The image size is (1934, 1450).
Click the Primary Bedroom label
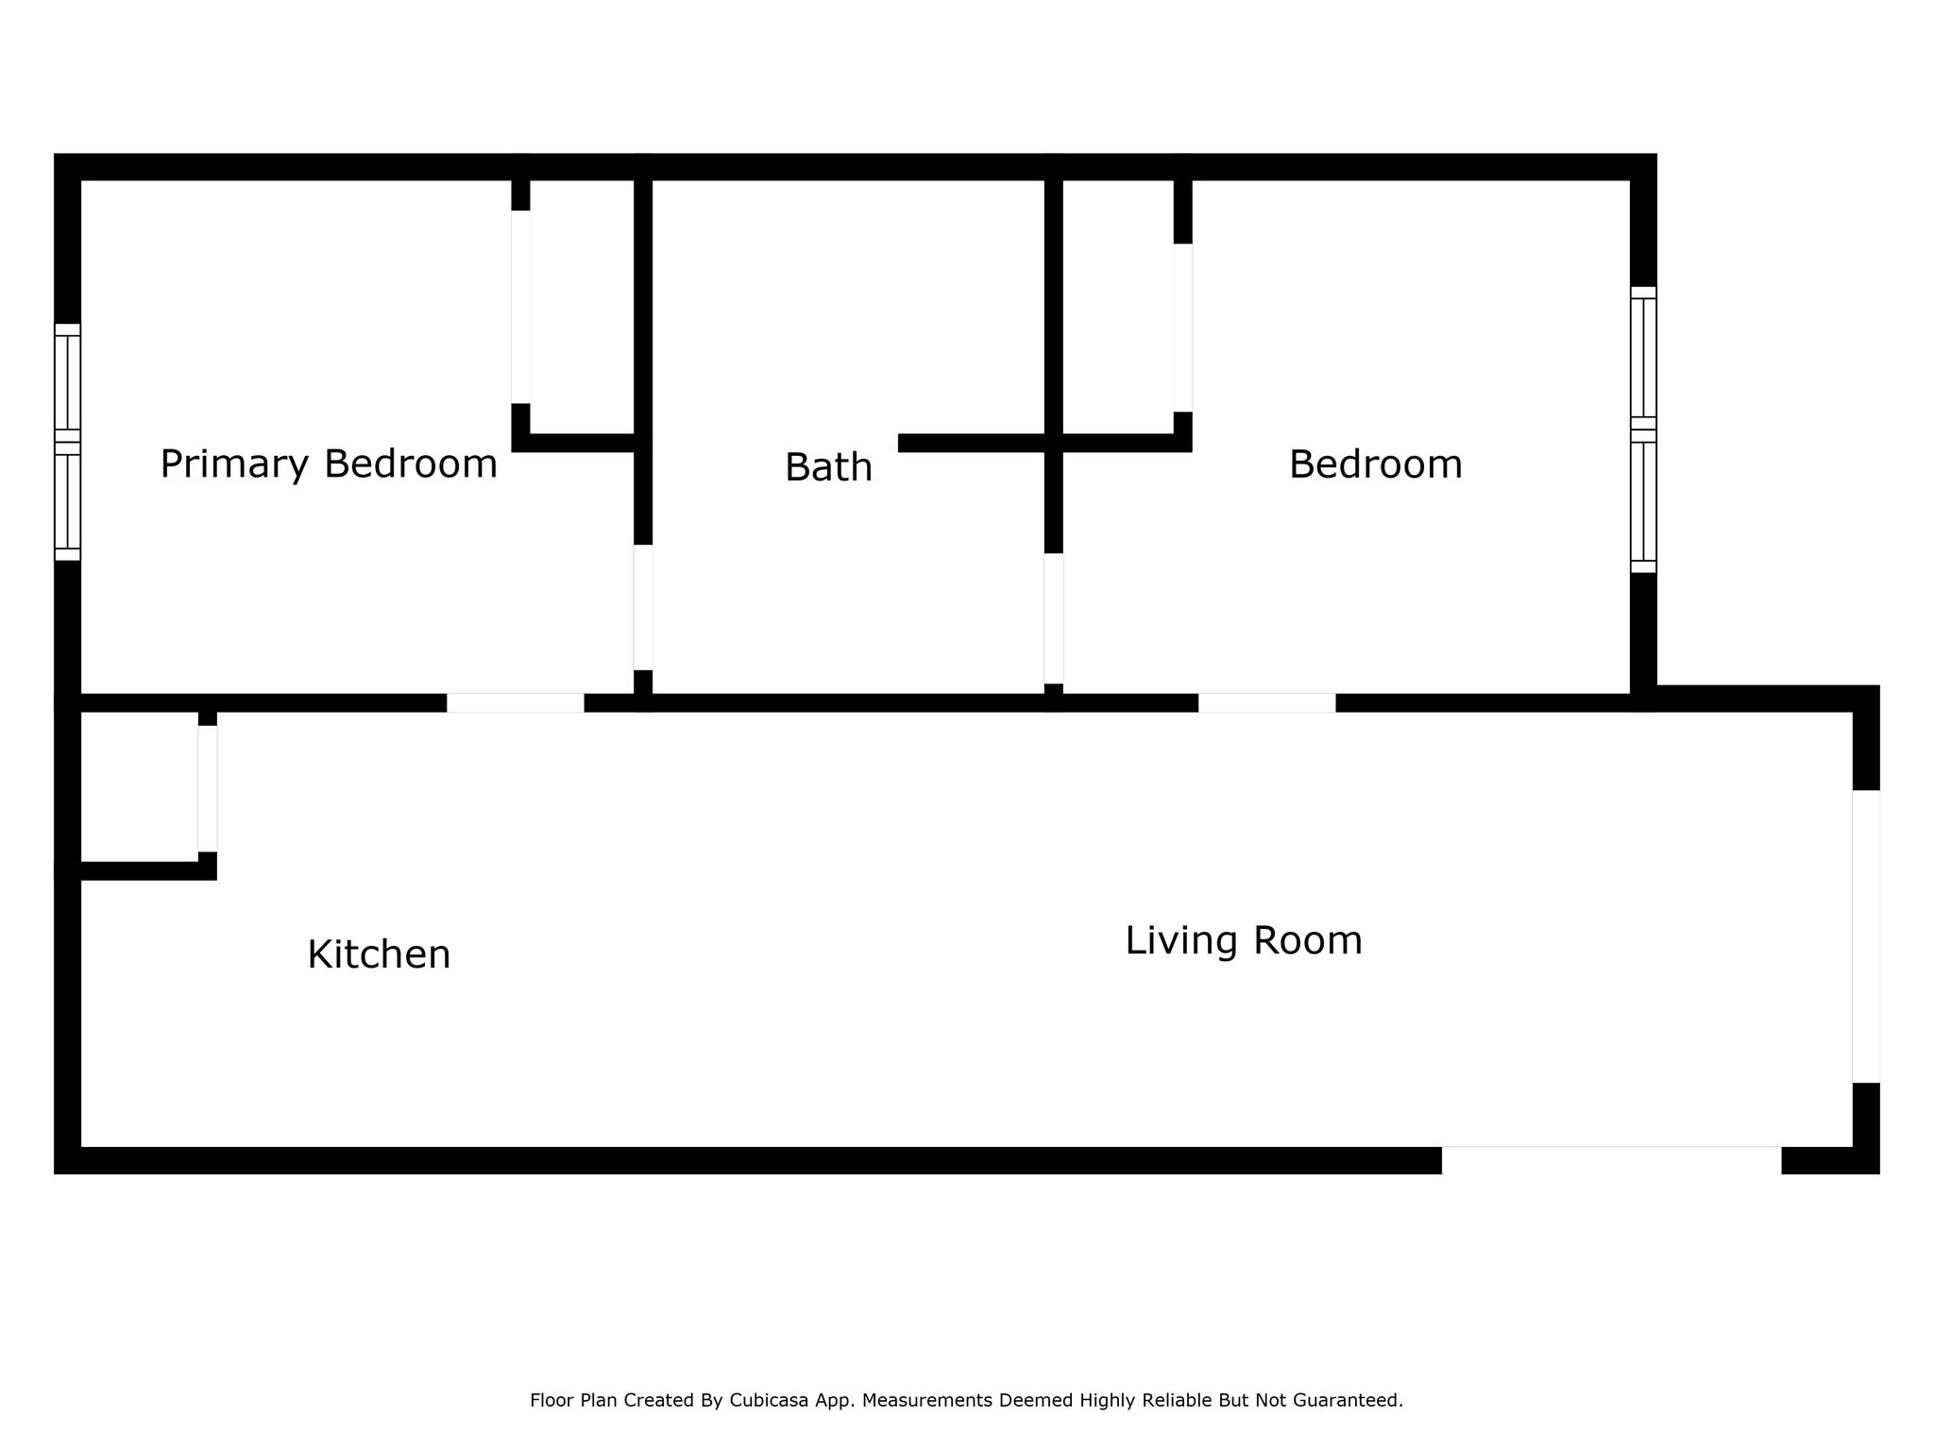[329, 464]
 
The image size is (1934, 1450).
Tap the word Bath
[828, 467]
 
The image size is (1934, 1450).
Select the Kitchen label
[379, 954]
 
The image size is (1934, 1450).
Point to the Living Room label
[1244, 940]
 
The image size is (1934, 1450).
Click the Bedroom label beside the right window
[1376, 464]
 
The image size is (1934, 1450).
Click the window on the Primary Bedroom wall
[67, 442]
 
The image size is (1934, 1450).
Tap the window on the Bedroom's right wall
[1643, 430]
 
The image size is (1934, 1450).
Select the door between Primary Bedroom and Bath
[643, 607]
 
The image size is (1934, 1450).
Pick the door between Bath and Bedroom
[1054, 618]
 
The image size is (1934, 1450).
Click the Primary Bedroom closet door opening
[520, 307]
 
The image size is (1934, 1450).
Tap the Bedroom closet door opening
[1182, 328]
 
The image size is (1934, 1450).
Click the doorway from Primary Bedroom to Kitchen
[516, 703]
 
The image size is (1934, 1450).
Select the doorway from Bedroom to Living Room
[1267, 703]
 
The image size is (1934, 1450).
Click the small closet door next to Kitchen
[208, 789]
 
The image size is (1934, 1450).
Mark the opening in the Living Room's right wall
[1866, 936]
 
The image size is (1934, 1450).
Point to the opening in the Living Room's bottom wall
[1611, 1160]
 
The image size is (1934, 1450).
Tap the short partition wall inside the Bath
[972, 443]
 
